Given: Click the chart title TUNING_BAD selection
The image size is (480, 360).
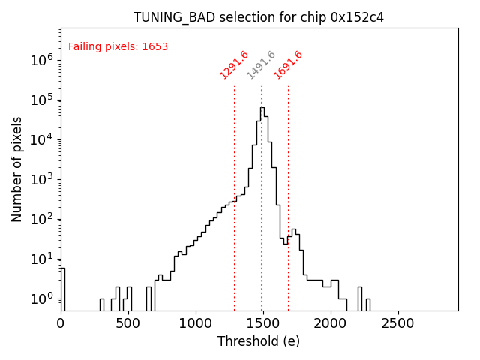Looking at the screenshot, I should pyautogui.click(x=259, y=17).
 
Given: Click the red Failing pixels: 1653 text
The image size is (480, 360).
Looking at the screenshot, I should pyautogui.click(x=118, y=47).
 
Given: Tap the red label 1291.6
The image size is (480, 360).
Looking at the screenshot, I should pyautogui.click(x=234, y=65).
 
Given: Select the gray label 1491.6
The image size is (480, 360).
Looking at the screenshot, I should pyautogui.click(x=261, y=65).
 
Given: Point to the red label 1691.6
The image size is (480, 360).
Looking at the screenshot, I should pyautogui.click(x=288, y=65).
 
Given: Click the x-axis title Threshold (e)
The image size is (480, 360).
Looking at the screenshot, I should pyautogui.click(x=259, y=341).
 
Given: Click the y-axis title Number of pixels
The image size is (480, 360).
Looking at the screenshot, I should pyautogui.click(x=17, y=169).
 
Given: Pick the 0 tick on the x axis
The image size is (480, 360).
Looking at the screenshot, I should pyautogui.click(x=61, y=324).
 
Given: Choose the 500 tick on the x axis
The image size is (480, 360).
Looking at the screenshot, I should pyautogui.click(x=128, y=324).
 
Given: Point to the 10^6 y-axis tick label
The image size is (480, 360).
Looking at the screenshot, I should pyautogui.click(x=42, y=60).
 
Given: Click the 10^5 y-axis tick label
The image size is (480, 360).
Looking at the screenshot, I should pyautogui.click(x=42, y=100).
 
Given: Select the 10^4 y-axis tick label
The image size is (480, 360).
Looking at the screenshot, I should pyautogui.click(x=42, y=139).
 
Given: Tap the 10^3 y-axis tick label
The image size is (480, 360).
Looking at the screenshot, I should pyautogui.click(x=42, y=179).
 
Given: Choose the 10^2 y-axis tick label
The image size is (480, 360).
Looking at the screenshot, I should pyautogui.click(x=42, y=219).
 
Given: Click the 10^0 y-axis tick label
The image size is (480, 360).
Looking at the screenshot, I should pyautogui.click(x=42, y=298).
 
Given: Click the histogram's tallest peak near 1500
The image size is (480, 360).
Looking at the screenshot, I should pyautogui.click(x=262, y=108).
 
